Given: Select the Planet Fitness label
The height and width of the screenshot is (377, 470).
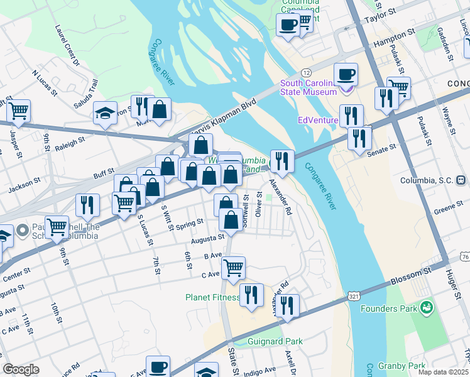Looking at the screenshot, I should pyautogui.click(x=212, y=297).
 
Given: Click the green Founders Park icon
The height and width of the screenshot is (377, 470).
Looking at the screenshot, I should pyautogui.click(x=427, y=308).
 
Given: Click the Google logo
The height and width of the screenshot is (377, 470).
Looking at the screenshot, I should pyautogui.click(x=21, y=369).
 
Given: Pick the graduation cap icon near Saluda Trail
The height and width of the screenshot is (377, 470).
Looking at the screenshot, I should pyautogui.click(x=106, y=113).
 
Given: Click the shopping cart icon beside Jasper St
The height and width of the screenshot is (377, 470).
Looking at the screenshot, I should pyautogui.click(x=18, y=111).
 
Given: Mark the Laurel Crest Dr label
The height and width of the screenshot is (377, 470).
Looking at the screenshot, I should pyautogui.click(x=67, y=45).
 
